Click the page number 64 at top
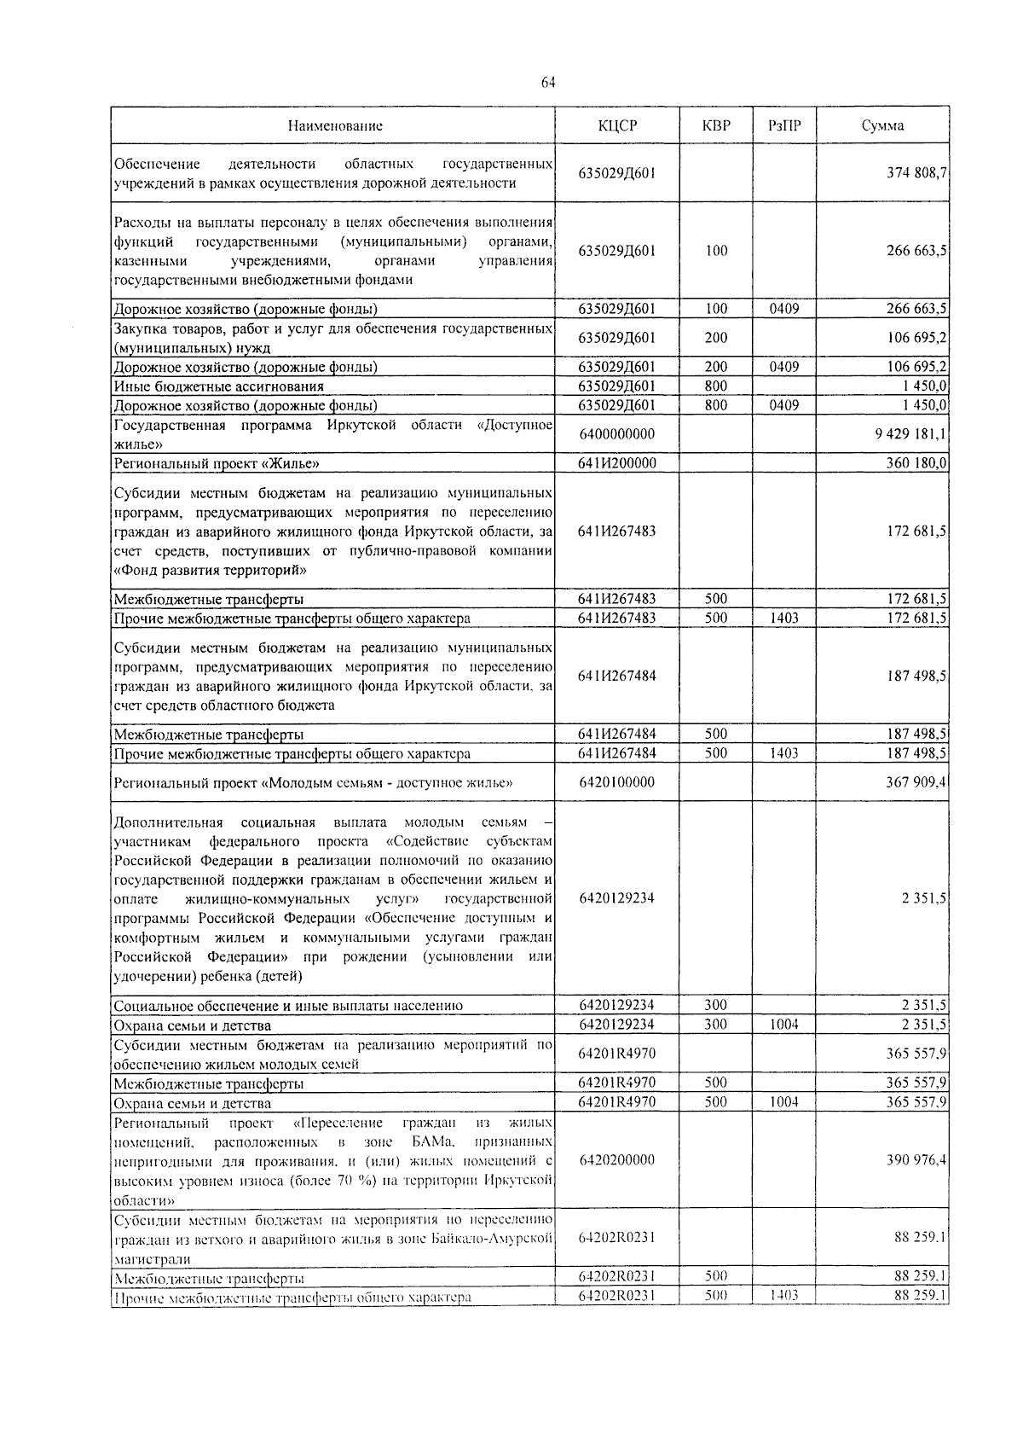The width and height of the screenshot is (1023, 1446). tap(548, 82)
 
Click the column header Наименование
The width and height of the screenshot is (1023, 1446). tap(334, 125)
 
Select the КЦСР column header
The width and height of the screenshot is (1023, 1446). tap(617, 125)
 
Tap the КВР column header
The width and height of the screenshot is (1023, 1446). tap(716, 125)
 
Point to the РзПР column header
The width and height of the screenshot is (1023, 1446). tap(783, 125)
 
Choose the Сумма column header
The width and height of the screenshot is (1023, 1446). tap(882, 125)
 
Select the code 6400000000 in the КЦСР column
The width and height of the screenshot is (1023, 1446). tap(617, 434)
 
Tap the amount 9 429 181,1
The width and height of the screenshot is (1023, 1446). tap(910, 434)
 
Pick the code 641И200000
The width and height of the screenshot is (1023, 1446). tap(617, 463)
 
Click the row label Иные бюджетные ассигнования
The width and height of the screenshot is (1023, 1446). tap(219, 386)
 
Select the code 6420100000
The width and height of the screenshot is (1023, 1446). tap(617, 782)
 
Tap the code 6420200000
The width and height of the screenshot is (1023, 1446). tap(617, 1160)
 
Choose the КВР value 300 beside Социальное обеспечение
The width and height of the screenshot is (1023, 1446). tap(716, 1006)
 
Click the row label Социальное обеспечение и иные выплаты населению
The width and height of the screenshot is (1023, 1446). tap(288, 1006)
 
